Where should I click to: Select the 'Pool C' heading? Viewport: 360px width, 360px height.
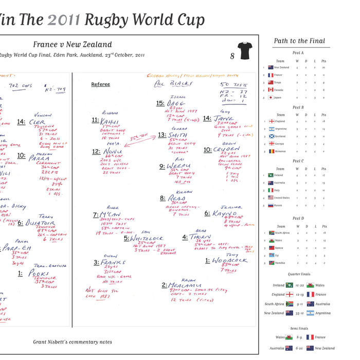pyautogui.click(x=298, y=161)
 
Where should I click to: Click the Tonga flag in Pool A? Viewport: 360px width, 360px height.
pyautogui.click(x=271, y=82)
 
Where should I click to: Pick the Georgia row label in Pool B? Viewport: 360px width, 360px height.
pyautogui.click(x=280, y=144)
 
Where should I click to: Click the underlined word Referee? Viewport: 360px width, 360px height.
pyautogui.click(x=100, y=84)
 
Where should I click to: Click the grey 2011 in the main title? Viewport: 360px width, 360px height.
pyautogui.click(x=64, y=20)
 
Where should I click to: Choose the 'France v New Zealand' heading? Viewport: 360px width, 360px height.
pyautogui.click(x=72, y=45)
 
